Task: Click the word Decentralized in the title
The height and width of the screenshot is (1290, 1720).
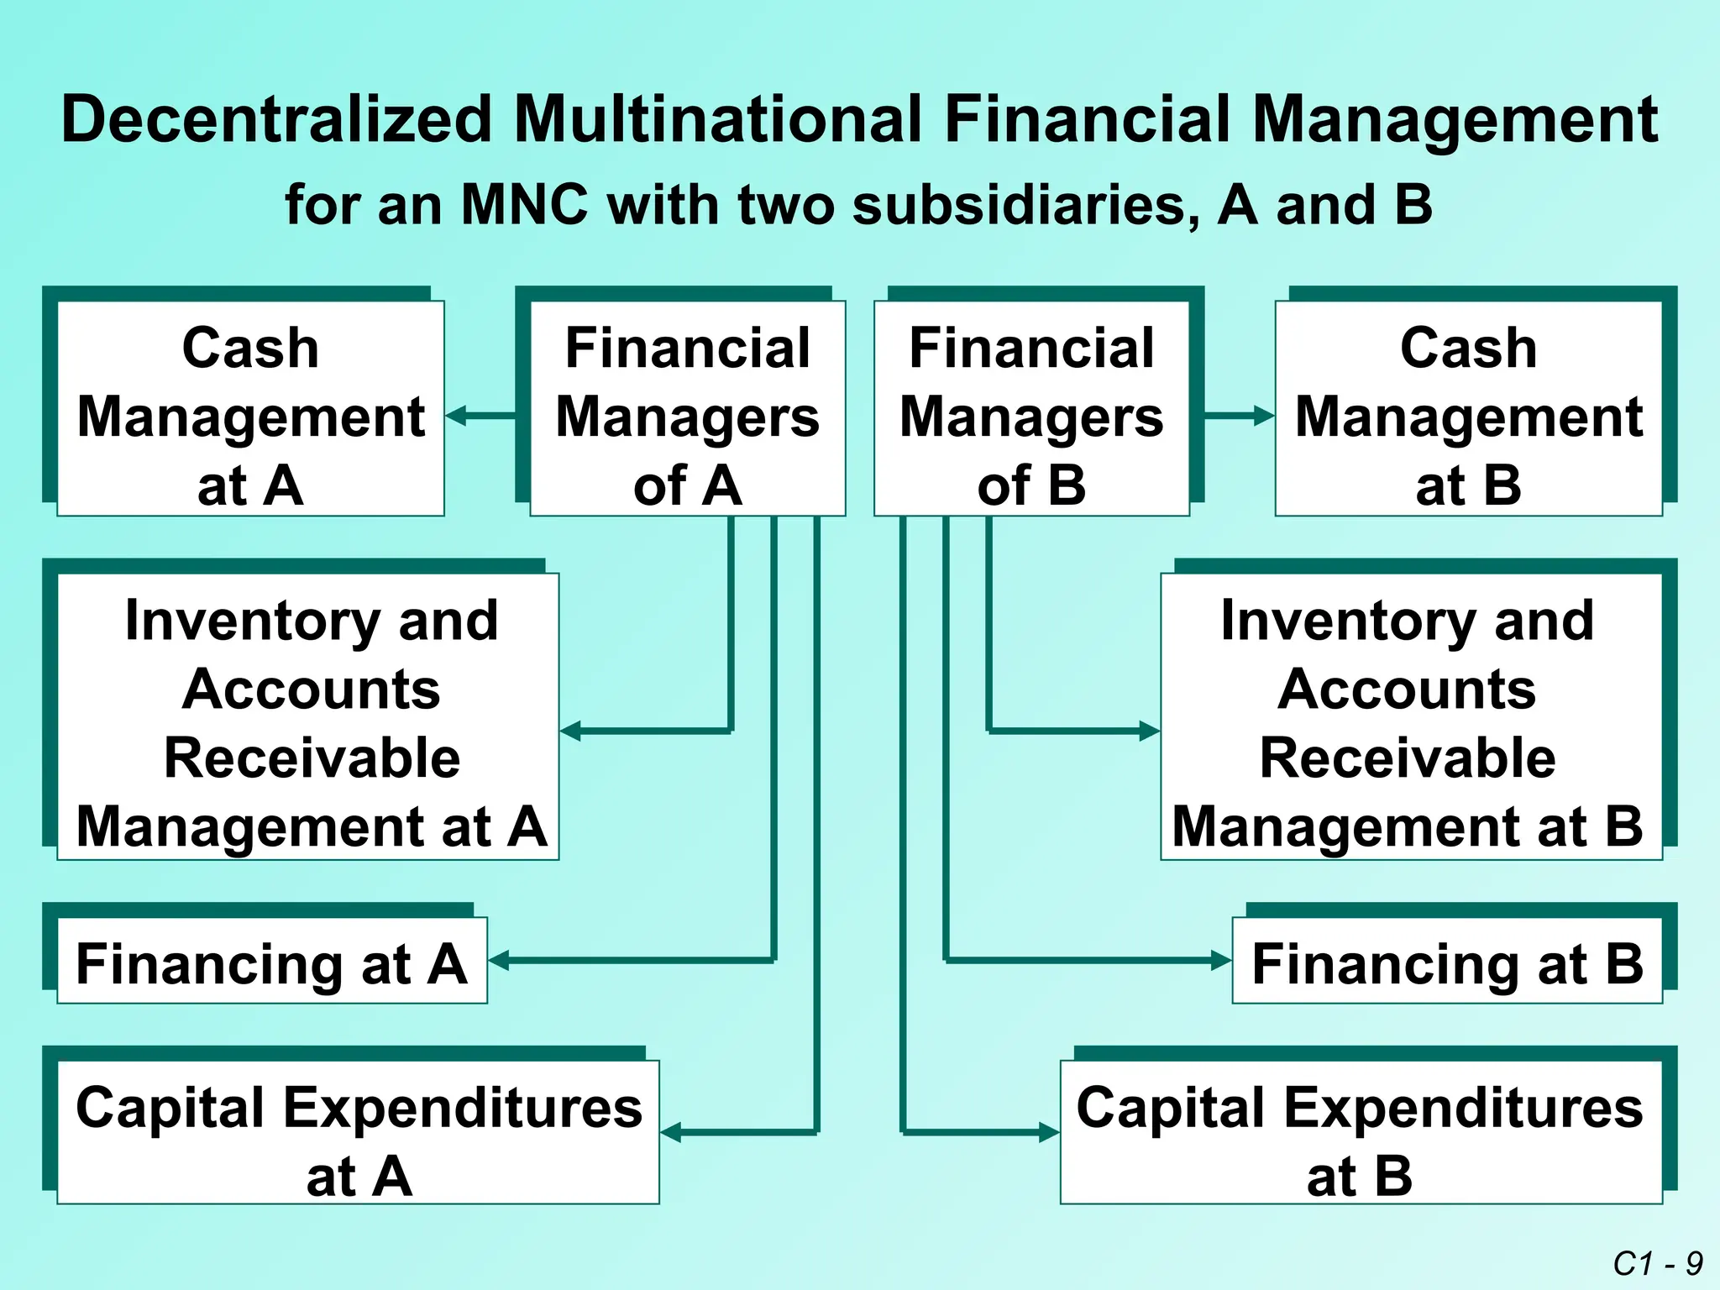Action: tap(276, 120)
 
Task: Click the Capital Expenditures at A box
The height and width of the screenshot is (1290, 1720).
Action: tap(358, 1132)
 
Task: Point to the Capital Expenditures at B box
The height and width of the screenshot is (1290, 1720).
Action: tap(1361, 1132)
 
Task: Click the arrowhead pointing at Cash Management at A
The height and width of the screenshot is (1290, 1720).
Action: tap(456, 416)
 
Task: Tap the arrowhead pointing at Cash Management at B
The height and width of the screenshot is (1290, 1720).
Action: tap(1264, 416)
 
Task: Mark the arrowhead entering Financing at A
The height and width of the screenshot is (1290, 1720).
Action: tap(499, 960)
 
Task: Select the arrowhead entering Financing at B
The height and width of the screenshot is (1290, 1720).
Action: tap(1222, 960)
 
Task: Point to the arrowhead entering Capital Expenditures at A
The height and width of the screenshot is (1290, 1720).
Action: tap(671, 1132)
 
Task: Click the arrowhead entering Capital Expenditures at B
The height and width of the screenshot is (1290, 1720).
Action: tap(1050, 1132)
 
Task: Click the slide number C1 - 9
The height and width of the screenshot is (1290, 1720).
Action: tap(1657, 1263)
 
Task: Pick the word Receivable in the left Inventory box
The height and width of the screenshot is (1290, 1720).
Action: tap(312, 758)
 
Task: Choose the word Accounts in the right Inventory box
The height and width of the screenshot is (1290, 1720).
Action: tap(1407, 690)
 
